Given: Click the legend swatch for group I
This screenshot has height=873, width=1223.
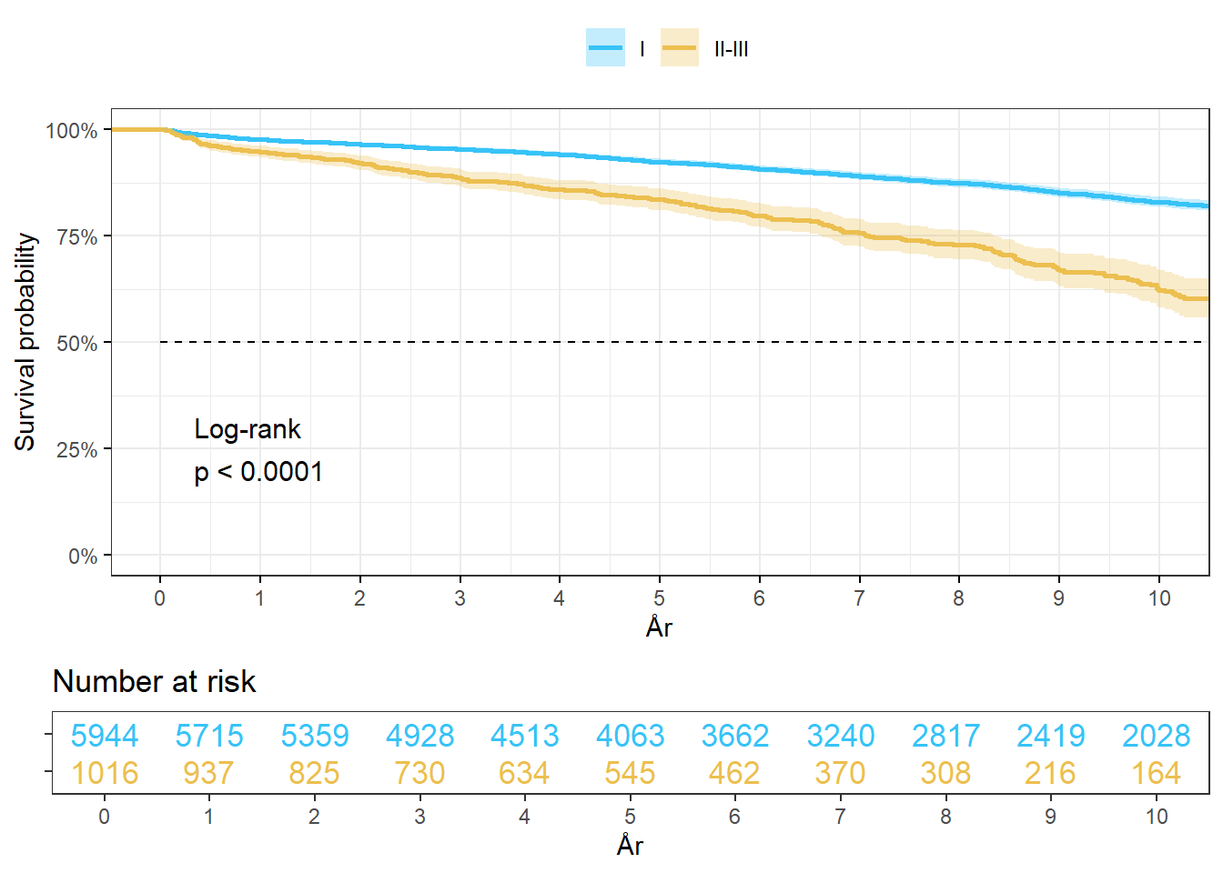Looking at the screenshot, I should click(x=605, y=48).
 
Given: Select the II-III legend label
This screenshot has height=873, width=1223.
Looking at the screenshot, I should click(x=731, y=49).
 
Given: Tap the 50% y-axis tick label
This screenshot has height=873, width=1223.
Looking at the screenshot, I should click(x=76, y=344).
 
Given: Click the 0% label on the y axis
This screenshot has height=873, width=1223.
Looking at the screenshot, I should click(x=83, y=557).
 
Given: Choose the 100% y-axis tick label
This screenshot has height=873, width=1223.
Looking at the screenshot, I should click(x=71, y=131).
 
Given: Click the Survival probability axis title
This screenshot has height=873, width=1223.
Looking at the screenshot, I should click(x=25, y=341).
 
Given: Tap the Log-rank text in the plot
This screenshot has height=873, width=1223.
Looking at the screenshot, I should click(x=248, y=429).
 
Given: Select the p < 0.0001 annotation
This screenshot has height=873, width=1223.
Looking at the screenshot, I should click(x=258, y=472).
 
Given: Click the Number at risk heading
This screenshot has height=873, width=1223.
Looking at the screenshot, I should click(x=155, y=681).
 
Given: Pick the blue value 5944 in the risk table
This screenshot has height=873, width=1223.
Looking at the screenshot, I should click(x=105, y=736).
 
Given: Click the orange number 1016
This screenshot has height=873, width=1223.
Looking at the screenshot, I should click(x=105, y=773).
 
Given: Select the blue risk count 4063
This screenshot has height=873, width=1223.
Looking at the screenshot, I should click(x=630, y=736).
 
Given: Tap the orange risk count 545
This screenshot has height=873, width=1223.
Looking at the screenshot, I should click(x=630, y=773).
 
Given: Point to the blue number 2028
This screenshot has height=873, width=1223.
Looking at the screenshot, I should click(x=1156, y=736).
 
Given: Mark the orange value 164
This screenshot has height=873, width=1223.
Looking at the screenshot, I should click(x=1156, y=773).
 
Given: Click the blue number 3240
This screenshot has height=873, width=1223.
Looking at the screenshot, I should click(x=841, y=736).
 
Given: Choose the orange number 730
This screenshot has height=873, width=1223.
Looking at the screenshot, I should click(x=419, y=773).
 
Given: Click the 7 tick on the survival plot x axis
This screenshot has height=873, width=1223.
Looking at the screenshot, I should click(x=859, y=598).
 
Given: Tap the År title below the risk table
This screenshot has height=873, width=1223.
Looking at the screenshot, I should click(x=630, y=845).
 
